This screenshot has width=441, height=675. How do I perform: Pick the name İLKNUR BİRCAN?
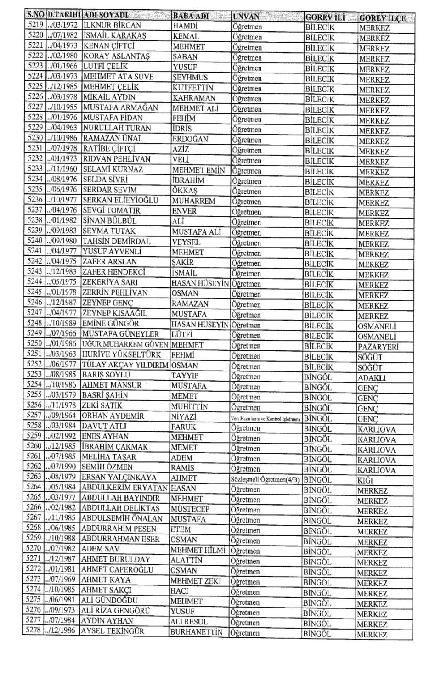[x=112, y=25]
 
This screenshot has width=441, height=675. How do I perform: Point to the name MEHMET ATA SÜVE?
[x=118, y=77]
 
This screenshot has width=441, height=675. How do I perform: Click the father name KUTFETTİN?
[x=193, y=87]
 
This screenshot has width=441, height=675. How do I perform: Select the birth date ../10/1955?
[x=63, y=107]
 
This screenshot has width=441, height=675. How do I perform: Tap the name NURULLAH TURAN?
[x=113, y=128]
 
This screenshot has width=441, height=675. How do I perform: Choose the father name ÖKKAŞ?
[x=185, y=190]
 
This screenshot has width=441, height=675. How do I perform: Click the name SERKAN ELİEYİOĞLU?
[x=120, y=200]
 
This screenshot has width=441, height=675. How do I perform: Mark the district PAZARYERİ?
[x=378, y=347]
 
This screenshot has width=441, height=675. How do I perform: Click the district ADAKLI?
[x=372, y=378]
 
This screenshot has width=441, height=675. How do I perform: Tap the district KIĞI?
[x=365, y=480]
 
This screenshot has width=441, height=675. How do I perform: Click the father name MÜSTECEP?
[x=190, y=509]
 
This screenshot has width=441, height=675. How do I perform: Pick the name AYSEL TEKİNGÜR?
[x=113, y=631]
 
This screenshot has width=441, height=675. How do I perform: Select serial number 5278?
[x=33, y=630]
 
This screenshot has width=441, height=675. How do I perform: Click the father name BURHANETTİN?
[x=197, y=632]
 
